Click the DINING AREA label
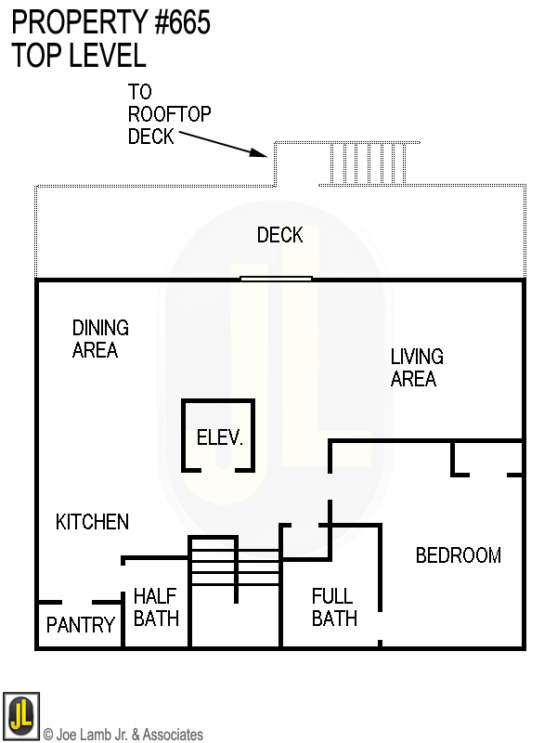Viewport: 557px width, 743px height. [x=100, y=339]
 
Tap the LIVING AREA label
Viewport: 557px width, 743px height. [x=416, y=368]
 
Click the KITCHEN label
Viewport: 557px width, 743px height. [x=92, y=522]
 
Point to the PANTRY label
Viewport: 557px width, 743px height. [x=81, y=626]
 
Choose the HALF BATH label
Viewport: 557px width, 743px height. [x=156, y=606]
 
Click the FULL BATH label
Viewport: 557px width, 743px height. [x=334, y=607]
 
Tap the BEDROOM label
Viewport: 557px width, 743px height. [x=458, y=555]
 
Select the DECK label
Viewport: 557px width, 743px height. [x=279, y=235]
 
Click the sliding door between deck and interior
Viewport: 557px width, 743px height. [x=276, y=278]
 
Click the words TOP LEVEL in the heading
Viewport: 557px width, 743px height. [x=79, y=55]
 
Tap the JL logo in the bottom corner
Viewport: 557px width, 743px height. [x=20, y=715]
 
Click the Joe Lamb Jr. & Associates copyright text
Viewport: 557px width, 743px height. [x=123, y=735]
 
